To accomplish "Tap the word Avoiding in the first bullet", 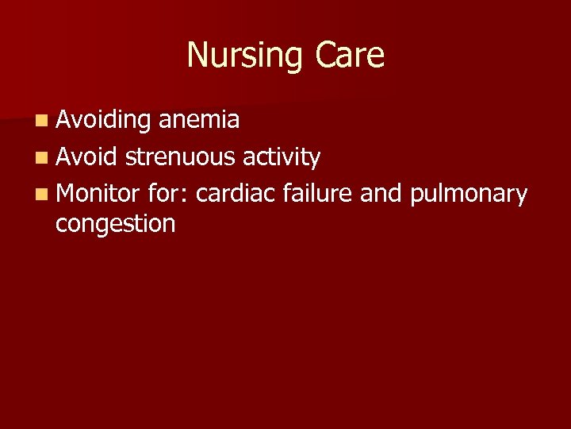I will pos(103,120).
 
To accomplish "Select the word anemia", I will pos(199,120).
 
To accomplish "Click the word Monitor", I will pos(98,193).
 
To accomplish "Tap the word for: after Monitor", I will pos(167,193).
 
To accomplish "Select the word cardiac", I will pos(235,193).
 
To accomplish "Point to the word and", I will pos(381,193).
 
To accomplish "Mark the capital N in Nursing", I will pos(197,55).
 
